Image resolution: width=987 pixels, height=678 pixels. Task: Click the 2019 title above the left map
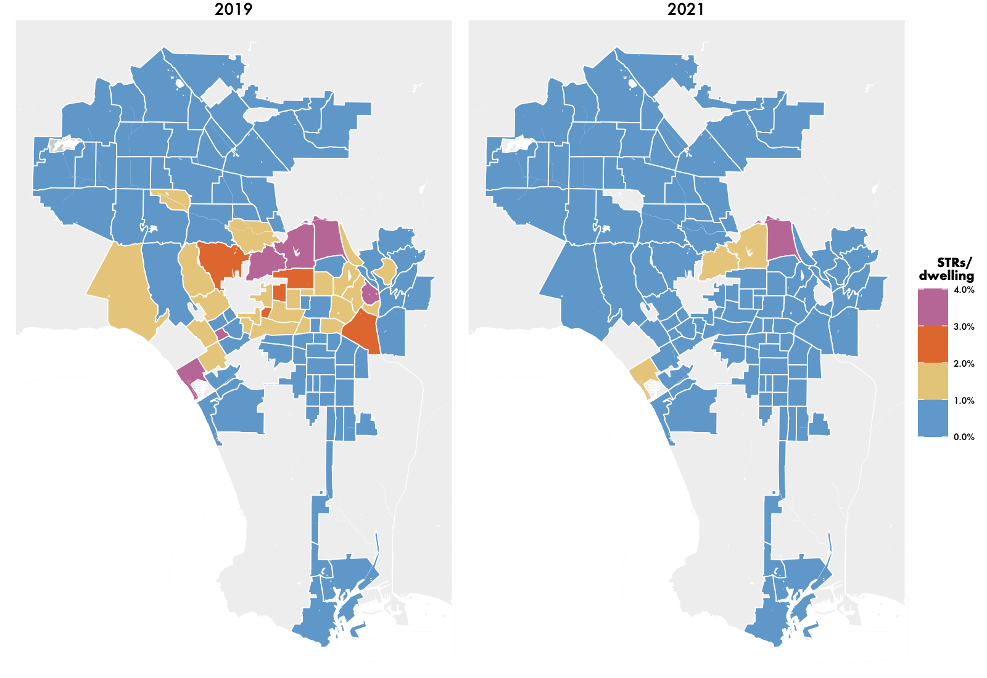click(233, 9)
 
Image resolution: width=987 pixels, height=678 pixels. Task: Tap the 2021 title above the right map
click(685, 9)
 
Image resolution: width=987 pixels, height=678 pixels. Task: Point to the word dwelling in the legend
click(946, 276)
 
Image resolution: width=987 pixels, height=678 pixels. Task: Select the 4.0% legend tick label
click(964, 290)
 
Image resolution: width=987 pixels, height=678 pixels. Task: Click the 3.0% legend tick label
click(964, 327)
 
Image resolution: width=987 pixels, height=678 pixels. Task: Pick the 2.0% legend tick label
click(964, 364)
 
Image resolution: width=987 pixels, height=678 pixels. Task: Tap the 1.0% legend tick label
click(964, 401)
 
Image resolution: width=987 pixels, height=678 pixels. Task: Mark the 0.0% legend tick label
click(964, 437)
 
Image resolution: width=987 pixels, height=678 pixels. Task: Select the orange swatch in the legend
click(933, 345)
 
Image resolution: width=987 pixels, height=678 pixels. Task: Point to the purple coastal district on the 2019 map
click(191, 372)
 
